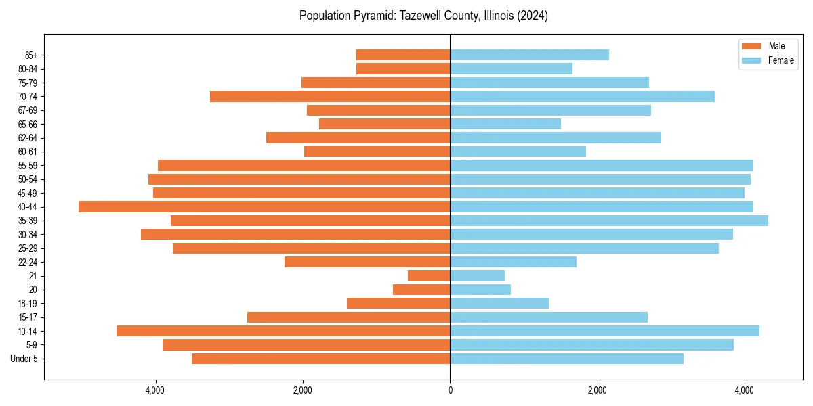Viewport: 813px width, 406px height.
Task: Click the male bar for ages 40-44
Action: [x=264, y=206]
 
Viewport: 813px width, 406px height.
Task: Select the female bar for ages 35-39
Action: [x=608, y=221]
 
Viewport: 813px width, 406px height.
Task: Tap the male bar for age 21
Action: [x=429, y=276]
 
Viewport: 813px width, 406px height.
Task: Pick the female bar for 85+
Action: [x=529, y=55]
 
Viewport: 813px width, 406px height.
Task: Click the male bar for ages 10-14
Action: [x=283, y=331]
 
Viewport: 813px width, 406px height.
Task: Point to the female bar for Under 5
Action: [x=566, y=359]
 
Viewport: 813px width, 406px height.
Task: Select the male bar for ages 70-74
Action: [x=330, y=96]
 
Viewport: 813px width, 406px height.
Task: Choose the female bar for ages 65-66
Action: [x=505, y=124]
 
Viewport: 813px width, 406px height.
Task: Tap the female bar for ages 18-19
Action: [x=499, y=303]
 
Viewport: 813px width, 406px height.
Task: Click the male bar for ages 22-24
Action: [x=367, y=262]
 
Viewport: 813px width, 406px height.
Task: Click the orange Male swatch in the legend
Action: [x=751, y=46]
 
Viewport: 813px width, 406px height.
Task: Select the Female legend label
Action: [x=781, y=60]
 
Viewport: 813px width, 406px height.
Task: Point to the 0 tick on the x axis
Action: [x=450, y=391]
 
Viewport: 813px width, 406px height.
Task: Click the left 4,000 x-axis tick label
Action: [x=155, y=391]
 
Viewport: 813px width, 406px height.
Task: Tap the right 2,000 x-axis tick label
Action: [x=597, y=391]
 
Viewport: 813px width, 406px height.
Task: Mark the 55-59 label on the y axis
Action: [x=27, y=165]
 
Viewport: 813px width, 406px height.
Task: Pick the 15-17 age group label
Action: [x=27, y=317]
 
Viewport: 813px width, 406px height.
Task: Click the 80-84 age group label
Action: [x=27, y=69]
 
